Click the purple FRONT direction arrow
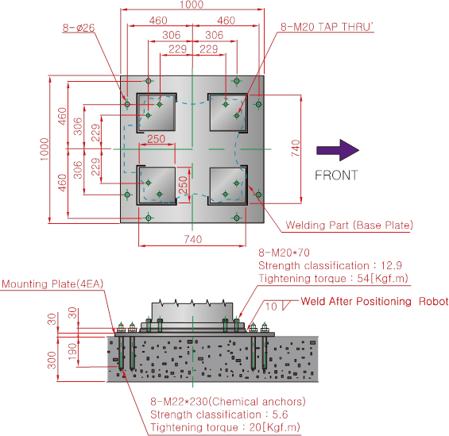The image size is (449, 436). [x=338, y=150]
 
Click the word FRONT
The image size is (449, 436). [x=336, y=175]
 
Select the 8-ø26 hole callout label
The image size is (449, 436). [x=79, y=28]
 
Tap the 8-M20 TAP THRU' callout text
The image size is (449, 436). [x=327, y=27]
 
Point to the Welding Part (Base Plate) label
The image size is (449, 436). [x=350, y=226]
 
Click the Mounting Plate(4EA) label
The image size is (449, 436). [x=52, y=284]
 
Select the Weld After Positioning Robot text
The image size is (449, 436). [x=374, y=301]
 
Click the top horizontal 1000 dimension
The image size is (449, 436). [x=192, y=4]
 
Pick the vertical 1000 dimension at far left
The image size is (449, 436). [x=45, y=149]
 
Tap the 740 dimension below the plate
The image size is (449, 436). [x=193, y=239]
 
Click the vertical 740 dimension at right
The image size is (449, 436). [x=296, y=149]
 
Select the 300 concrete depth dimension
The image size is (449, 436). [x=52, y=361]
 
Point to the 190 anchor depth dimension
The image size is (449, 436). [x=72, y=352]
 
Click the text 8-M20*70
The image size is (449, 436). [x=284, y=253]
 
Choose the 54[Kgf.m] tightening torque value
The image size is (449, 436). [x=382, y=278]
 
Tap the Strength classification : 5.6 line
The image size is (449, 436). [x=219, y=415]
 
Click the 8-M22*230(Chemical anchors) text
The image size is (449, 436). [x=228, y=402]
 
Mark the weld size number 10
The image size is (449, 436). [x=271, y=307]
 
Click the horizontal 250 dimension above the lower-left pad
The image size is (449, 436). [x=157, y=139]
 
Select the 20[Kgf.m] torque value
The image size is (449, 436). [x=275, y=427]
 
